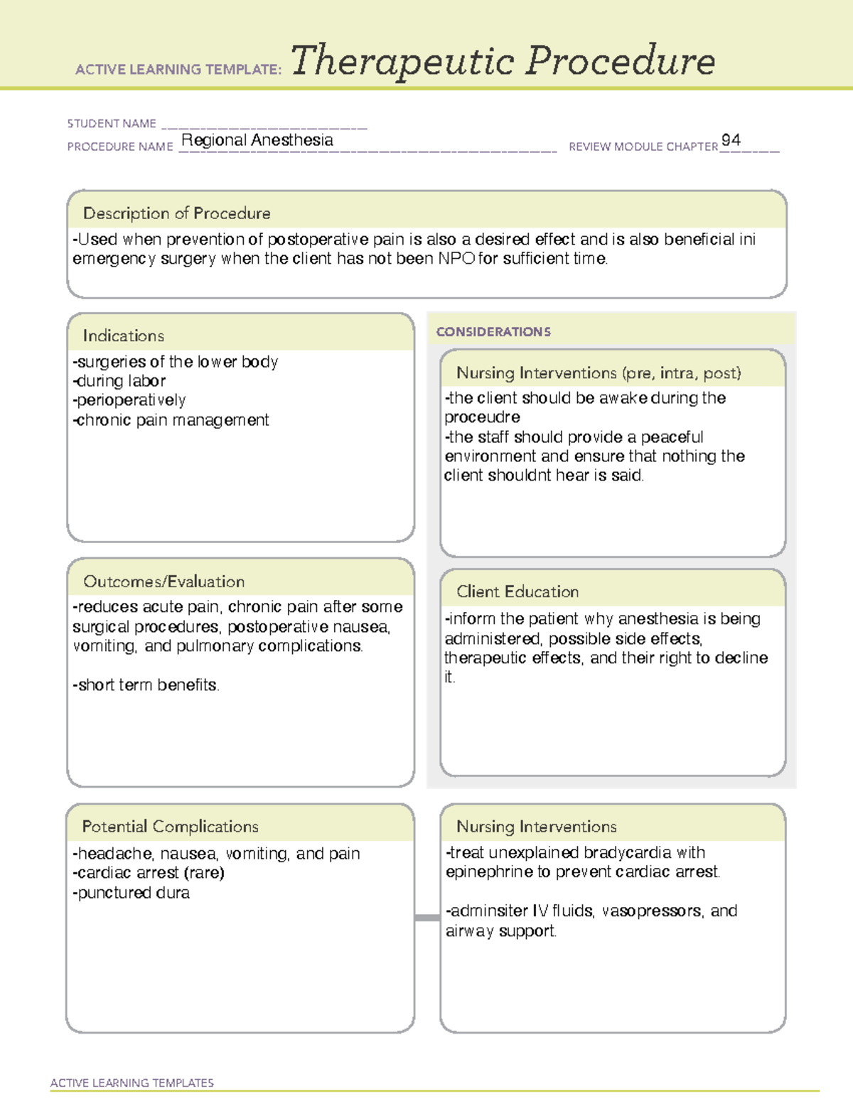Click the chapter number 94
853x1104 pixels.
click(x=731, y=140)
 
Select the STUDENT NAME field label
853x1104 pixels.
click(x=112, y=124)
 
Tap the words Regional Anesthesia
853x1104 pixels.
click(x=257, y=140)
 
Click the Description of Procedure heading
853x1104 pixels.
click(x=176, y=213)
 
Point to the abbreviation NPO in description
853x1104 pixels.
click(x=456, y=259)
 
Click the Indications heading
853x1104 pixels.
click(x=123, y=336)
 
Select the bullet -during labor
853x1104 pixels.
click(x=119, y=381)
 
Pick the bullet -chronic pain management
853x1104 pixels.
click(x=171, y=420)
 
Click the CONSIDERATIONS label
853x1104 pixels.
click(x=493, y=332)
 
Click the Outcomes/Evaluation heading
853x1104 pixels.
click(x=163, y=582)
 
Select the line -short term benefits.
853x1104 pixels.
click(x=146, y=685)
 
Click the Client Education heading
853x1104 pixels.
click(x=517, y=591)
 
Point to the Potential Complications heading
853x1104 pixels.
click(x=170, y=826)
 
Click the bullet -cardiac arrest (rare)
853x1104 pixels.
click(x=149, y=872)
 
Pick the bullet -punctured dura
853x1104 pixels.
click(x=132, y=893)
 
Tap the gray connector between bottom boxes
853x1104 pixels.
click(x=427, y=918)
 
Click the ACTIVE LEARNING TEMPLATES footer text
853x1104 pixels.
click(x=132, y=1083)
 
